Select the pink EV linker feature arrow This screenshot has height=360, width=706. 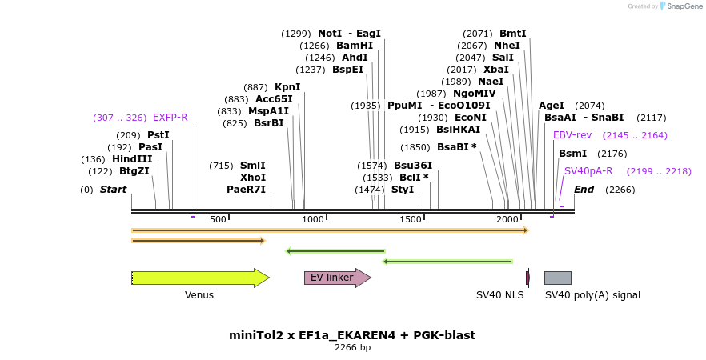tap(337, 278)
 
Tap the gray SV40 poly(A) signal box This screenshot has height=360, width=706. tap(557, 278)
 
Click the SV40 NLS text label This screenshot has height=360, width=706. tap(499, 295)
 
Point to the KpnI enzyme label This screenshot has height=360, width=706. tap(287, 87)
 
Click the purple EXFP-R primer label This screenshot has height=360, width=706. tap(170, 118)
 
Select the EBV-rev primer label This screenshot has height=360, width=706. tap(572, 135)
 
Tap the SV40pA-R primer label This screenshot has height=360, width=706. tap(588, 171)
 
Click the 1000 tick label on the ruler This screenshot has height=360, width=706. tap(313, 219)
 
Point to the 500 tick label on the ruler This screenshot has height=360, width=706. tap(218, 219)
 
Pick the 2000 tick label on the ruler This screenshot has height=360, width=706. tap(507, 219)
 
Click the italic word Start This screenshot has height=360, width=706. tap(113, 190)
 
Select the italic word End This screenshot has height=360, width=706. tap(584, 190)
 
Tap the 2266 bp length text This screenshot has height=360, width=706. tap(352, 348)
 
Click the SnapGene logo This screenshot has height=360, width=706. tap(680, 6)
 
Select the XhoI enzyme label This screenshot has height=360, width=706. tap(253, 178)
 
